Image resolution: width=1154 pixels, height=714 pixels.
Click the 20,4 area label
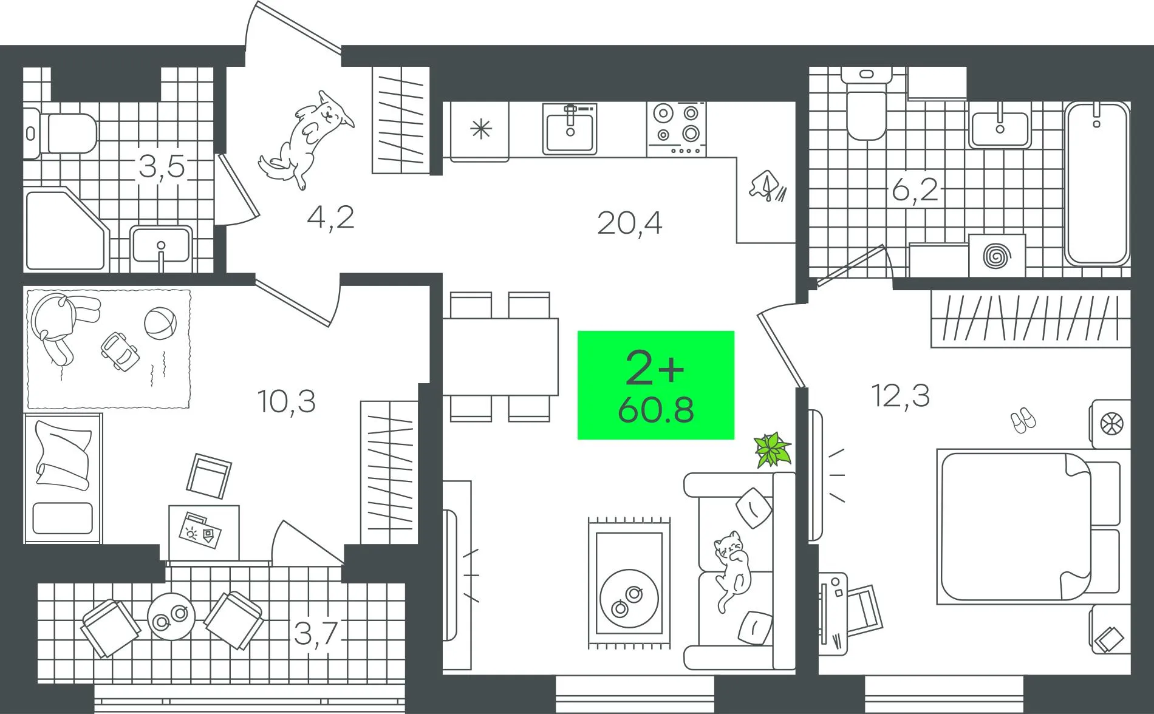tap(629, 223)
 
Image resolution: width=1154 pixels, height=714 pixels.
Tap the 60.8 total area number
tap(656, 410)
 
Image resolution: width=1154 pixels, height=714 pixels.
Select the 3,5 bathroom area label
tap(162, 166)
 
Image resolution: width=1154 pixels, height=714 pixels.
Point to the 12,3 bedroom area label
tap(901, 396)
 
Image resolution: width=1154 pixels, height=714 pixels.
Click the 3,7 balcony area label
tap(316, 634)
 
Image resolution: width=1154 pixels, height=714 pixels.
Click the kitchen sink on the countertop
tap(570, 128)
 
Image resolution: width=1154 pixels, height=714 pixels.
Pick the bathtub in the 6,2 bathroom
tap(1098, 183)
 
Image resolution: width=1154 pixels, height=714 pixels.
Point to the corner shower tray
tap(66, 229)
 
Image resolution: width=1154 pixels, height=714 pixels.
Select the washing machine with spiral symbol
tap(997, 256)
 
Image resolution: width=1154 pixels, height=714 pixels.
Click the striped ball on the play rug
tap(160, 323)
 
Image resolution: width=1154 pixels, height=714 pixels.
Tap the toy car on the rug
tap(120, 351)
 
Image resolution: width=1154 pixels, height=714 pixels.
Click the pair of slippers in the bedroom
tap(1023, 420)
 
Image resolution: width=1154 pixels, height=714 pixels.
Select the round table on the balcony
tap(171, 616)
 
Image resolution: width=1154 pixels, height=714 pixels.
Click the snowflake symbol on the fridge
tap(481, 129)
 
